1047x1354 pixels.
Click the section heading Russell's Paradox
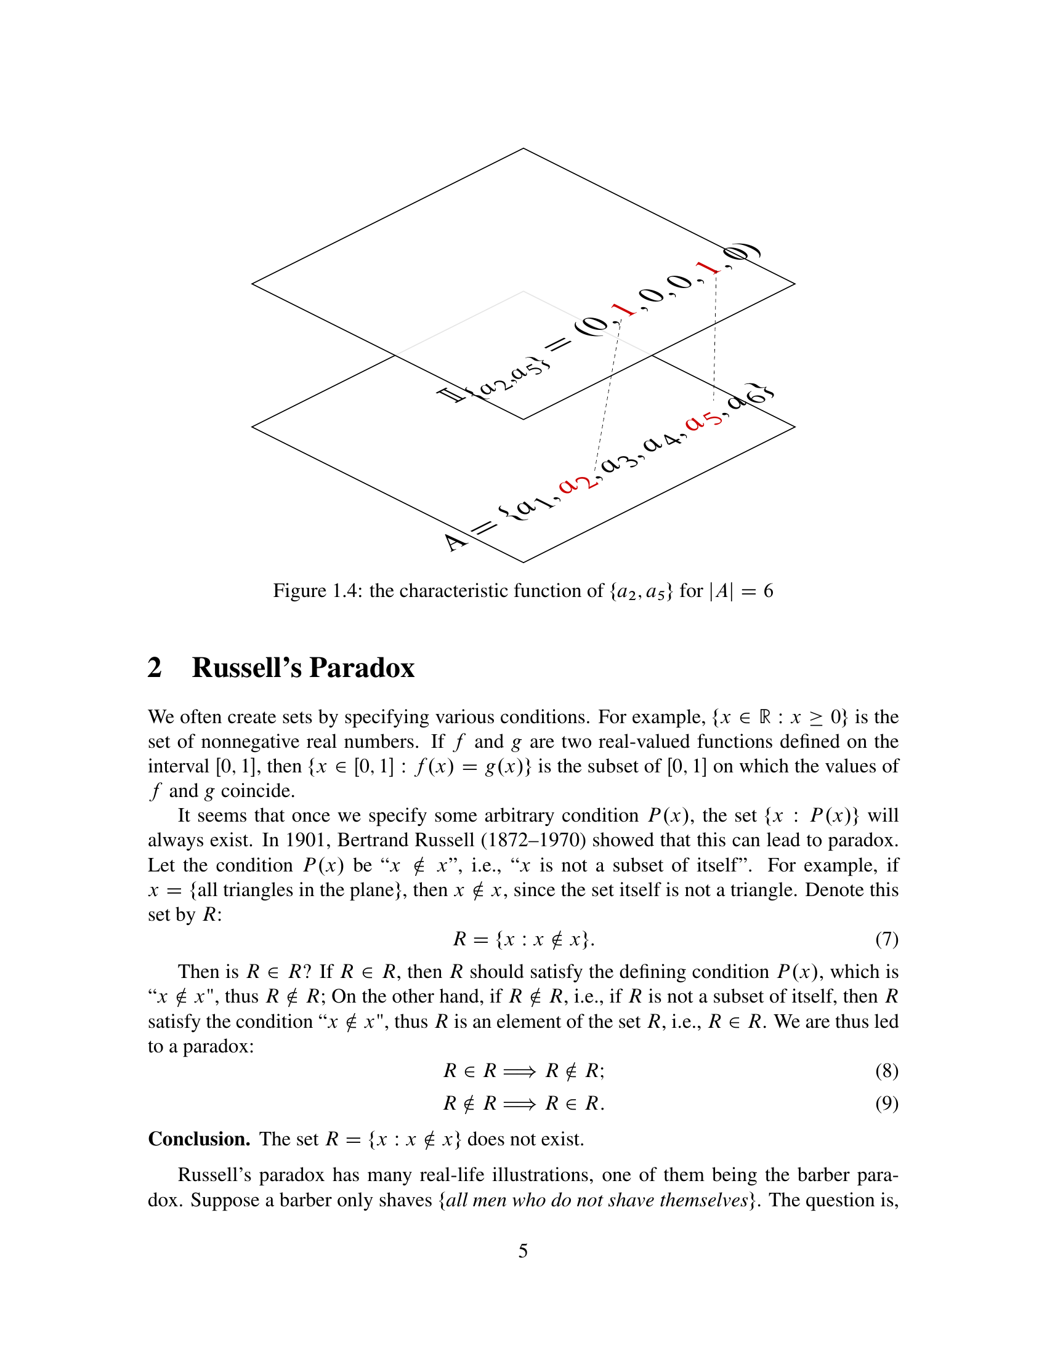tap(302, 668)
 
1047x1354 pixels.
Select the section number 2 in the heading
tap(155, 668)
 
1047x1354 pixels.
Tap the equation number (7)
tap(886, 939)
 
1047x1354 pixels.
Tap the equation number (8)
tap(886, 1071)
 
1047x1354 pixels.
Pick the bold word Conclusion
tap(198, 1139)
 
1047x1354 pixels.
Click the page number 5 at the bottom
tap(523, 1251)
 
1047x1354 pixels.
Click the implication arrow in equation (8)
tap(519, 1072)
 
